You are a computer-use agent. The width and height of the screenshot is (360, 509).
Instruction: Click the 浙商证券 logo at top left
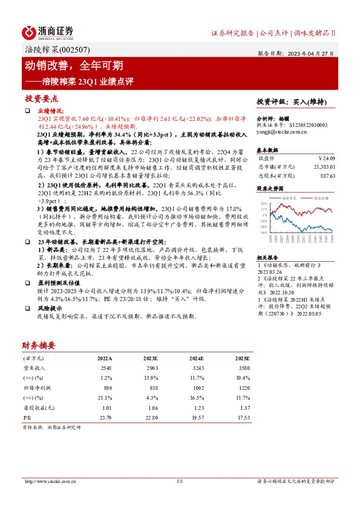coord(47,32)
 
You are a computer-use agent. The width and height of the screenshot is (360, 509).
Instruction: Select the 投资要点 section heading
coord(42,98)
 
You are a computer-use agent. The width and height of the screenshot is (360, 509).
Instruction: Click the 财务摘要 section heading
coord(39,346)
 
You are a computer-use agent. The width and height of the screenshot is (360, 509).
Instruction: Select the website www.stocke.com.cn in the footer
coord(47,481)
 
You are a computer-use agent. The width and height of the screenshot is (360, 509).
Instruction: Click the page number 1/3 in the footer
coord(180,481)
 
